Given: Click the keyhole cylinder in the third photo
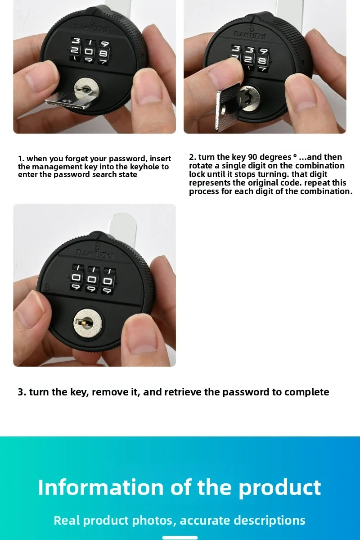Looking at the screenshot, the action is click(87, 322).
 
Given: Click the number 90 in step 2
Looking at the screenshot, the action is click(252, 157).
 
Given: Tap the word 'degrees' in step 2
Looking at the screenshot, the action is click(275, 157).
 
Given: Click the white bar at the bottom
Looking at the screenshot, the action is click(180, 537).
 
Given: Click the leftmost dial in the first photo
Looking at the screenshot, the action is click(75, 50).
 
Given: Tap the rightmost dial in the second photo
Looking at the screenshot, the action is click(263, 59).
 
